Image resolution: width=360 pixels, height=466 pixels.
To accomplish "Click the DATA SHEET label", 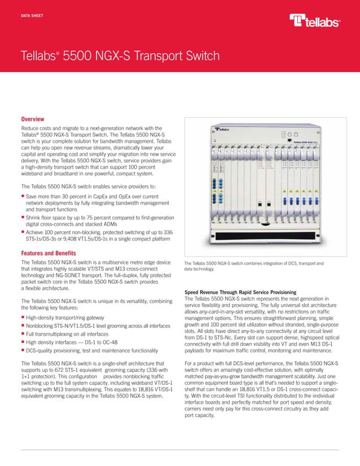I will pos(33,10).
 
